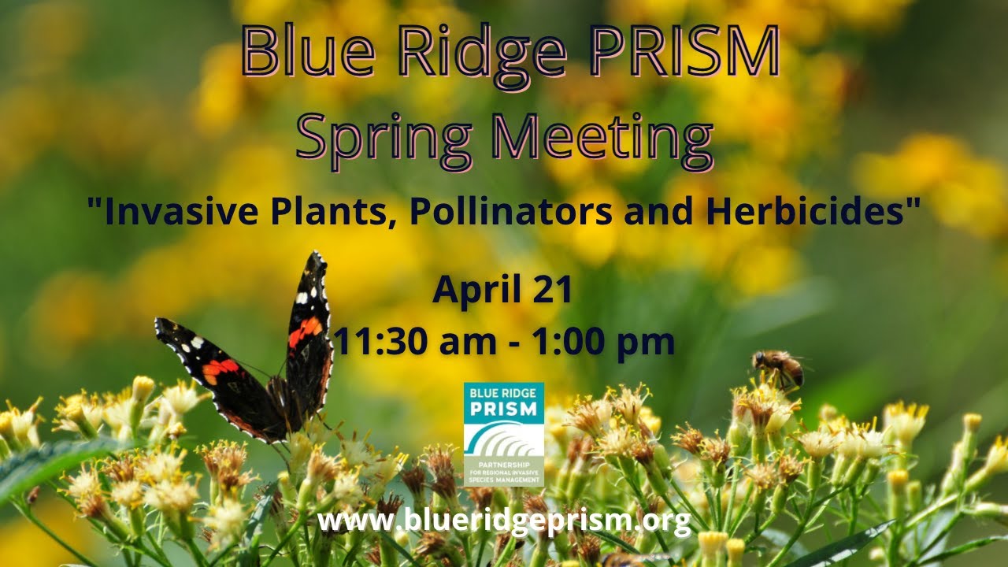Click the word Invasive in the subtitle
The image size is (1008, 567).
[x=172, y=210]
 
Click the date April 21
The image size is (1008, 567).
[x=502, y=290]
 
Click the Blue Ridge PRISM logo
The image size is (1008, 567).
[x=503, y=433]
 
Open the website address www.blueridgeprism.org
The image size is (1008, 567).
[x=504, y=520]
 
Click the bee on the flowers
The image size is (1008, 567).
[x=777, y=369]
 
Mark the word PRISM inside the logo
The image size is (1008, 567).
[x=503, y=409]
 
